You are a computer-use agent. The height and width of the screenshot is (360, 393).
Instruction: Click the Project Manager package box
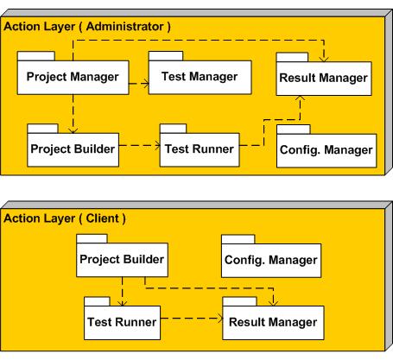tap(73, 78)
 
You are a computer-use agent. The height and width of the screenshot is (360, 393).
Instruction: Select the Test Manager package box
tap(200, 77)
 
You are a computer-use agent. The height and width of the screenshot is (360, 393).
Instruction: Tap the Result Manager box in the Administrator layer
tap(324, 79)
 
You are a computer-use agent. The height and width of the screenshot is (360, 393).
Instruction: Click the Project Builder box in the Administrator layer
tap(73, 149)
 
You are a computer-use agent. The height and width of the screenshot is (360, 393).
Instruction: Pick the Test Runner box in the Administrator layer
tap(200, 149)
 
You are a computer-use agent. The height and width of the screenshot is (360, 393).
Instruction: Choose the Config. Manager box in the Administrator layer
tap(326, 150)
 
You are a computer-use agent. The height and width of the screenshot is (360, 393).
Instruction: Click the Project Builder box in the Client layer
tap(122, 260)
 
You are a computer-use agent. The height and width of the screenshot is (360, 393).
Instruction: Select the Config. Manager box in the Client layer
tap(271, 261)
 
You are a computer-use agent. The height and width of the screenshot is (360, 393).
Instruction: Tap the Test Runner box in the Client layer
tap(122, 323)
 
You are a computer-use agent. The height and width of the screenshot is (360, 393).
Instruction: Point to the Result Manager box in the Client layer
tap(273, 323)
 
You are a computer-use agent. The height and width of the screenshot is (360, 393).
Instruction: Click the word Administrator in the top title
tap(125, 27)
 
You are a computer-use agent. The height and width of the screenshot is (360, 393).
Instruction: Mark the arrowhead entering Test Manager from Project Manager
tap(146, 84)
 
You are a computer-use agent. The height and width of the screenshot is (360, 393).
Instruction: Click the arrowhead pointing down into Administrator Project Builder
tap(73, 130)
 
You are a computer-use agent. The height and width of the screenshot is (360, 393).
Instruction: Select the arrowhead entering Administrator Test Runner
tap(157, 145)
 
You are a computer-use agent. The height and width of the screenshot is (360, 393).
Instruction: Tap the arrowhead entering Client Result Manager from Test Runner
tap(220, 319)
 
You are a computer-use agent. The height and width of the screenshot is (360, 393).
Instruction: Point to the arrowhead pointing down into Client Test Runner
tap(122, 303)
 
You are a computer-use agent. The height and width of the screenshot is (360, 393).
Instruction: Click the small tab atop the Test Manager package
tap(166, 56)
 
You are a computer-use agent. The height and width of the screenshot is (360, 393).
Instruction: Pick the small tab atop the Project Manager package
tap(36, 56)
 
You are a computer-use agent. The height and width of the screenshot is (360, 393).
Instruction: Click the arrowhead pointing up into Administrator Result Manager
tap(300, 98)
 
